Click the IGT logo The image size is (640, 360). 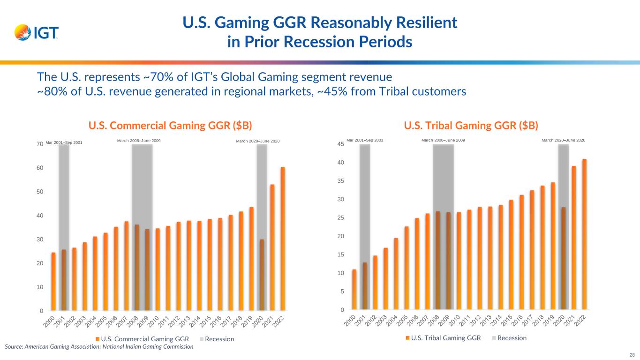[37, 32]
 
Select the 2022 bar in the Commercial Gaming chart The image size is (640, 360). [283, 239]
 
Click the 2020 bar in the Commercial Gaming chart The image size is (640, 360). [262, 275]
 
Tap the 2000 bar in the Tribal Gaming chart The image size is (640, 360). [354, 289]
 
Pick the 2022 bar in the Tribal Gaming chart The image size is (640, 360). [584, 234]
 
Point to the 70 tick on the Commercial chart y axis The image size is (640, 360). [41, 144]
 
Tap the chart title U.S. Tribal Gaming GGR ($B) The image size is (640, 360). [471, 126]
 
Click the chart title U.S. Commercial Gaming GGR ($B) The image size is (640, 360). [171, 126]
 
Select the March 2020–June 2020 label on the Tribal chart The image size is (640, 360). [563, 140]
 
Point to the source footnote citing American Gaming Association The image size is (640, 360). [99, 347]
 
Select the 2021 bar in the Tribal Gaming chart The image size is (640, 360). [574, 238]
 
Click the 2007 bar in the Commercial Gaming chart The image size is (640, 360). [127, 266]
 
